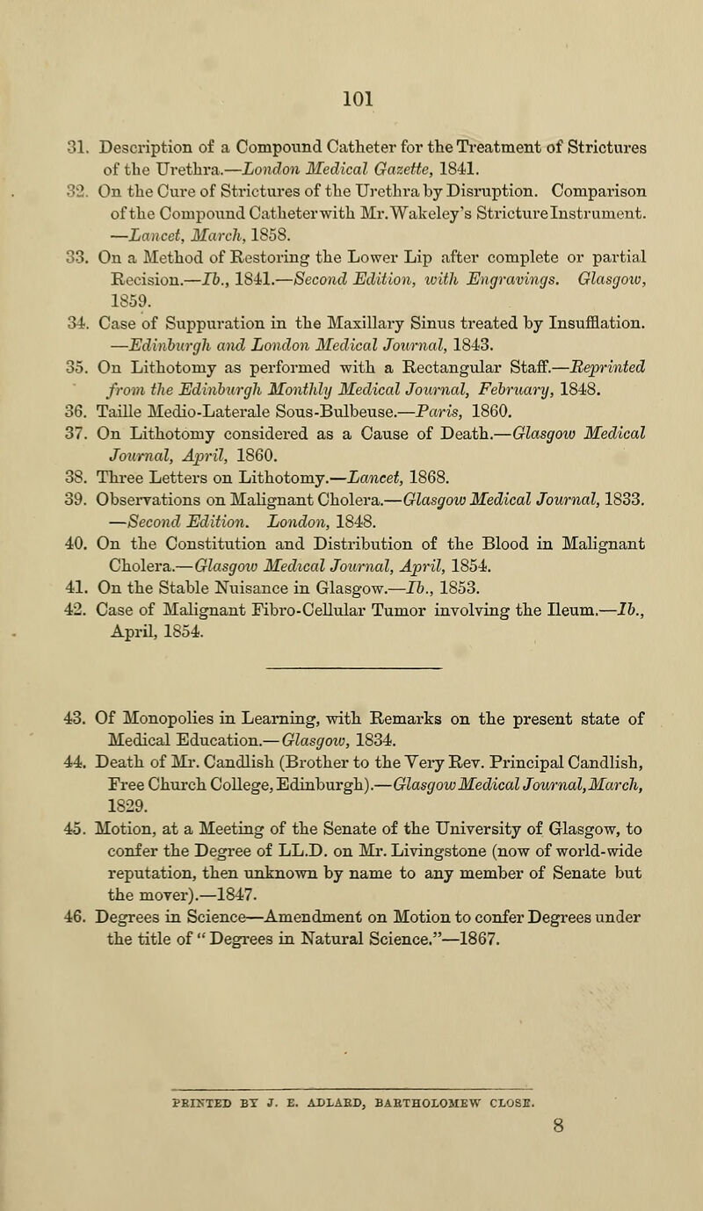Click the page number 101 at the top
351,90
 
